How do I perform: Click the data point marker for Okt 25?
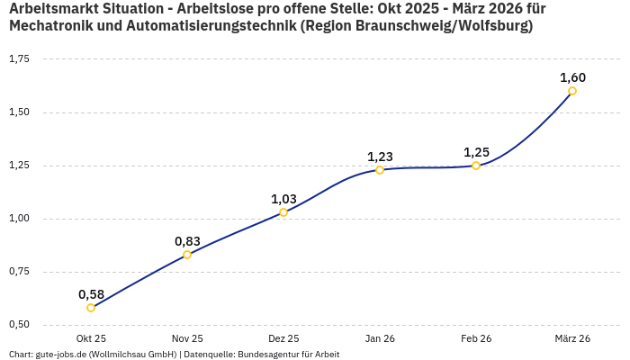[x=91, y=308]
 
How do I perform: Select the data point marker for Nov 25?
[x=187, y=255]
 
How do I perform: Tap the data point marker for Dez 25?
[x=283, y=212]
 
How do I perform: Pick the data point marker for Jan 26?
[x=380, y=170]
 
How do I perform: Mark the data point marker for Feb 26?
[x=476, y=166]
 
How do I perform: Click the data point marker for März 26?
[x=572, y=91]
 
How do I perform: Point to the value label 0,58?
[x=91, y=294]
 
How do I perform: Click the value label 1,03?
[x=283, y=199]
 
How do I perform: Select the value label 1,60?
[x=572, y=77]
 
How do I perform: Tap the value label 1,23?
[x=380, y=157]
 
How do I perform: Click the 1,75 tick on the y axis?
[x=19, y=59]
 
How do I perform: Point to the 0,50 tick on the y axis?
[x=19, y=325]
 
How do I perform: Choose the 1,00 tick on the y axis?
[x=19, y=219]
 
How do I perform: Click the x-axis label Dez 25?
[x=283, y=339]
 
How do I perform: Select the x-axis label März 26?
[x=572, y=339]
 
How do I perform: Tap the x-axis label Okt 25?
[x=91, y=339]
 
